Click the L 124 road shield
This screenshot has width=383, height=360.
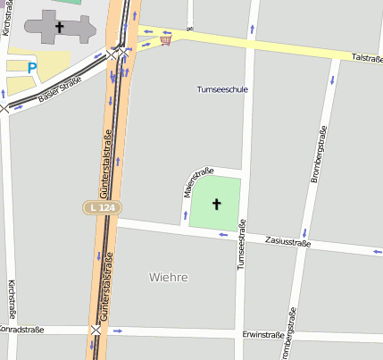[x=103, y=207]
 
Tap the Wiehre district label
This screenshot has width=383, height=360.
[x=168, y=277]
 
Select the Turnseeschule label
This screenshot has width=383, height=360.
[x=221, y=89]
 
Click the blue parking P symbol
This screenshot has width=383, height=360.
[x=32, y=67]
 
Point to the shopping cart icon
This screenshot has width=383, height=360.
[x=165, y=38]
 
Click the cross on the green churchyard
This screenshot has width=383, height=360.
[x=216, y=205]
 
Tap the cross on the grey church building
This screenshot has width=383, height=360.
[x=60, y=28]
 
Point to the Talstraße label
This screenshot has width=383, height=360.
[x=367, y=57]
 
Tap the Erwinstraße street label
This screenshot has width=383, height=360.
[x=262, y=335]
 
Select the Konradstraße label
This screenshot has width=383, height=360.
[x=21, y=330]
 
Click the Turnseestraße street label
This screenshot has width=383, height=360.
[x=240, y=247]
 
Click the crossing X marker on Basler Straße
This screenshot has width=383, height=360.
[x=4, y=108]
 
